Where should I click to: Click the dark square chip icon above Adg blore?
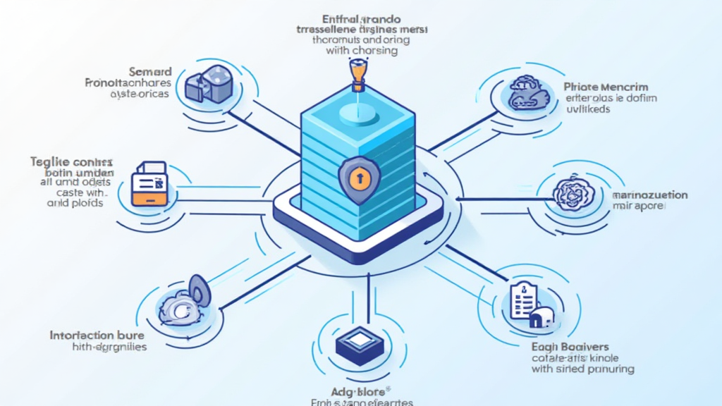click(359, 342)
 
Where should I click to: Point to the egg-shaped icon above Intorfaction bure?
click(198, 289)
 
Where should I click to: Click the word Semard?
click(150, 71)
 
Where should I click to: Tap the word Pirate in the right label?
click(580, 87)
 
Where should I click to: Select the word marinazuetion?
click(649, 195)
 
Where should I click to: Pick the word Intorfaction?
click(82, 335)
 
